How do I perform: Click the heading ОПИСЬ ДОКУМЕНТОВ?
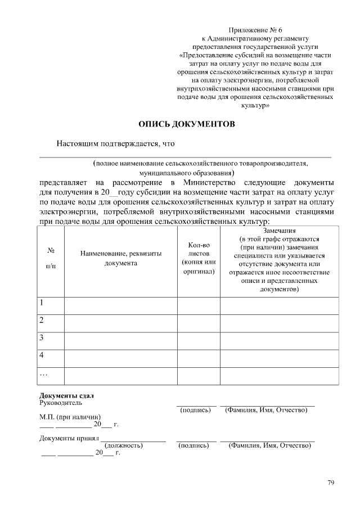point(187,124)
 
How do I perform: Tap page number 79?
point(331,483)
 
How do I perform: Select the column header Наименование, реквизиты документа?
point(121,258)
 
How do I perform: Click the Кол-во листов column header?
point(199,258)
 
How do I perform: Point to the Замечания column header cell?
point(279,260)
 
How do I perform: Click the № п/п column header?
point(51,258)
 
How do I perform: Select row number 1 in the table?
point(42,303)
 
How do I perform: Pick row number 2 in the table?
point(42,321)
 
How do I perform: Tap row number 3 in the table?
point(42,338)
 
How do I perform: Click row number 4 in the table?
point(42,355)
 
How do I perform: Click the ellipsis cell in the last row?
point(44,373)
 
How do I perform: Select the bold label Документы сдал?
point(66,395)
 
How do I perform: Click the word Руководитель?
point(61,403)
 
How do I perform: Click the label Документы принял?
point(69,438)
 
